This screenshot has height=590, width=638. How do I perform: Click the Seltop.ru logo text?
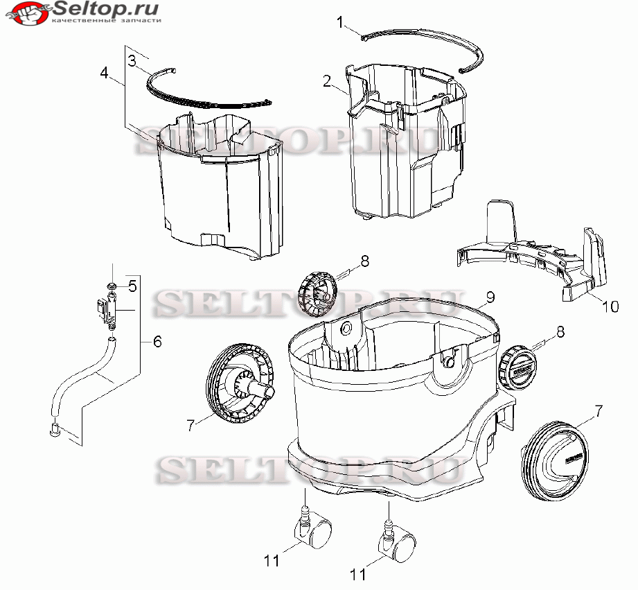click(x=105, y=9)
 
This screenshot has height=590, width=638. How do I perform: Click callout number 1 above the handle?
click(x=341, y=22)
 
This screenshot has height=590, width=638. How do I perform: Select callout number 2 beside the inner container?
click(x=327, y=81)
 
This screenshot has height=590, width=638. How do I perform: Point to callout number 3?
click(x=132, y=61)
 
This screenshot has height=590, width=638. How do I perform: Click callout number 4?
click(x=105, y=73)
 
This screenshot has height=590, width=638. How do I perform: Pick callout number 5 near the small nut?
click(x=132, y=286)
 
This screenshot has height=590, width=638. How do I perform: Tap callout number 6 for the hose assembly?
click(x=157, y=341)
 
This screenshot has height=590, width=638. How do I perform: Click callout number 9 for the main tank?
click(x=490, y=297)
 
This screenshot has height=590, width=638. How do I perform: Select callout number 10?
click(x=610, y=306)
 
